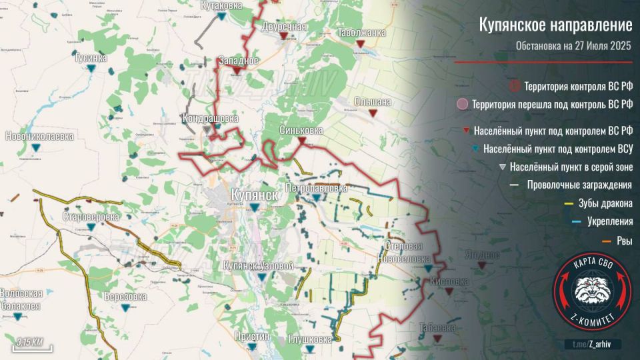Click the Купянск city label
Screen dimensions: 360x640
(x=254, y=194)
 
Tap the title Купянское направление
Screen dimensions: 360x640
(x=555, y=25)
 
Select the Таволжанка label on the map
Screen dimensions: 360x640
(x=361, y=32)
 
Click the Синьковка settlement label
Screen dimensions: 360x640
(x=301, y=131)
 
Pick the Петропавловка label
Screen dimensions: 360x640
(x=316, y=189)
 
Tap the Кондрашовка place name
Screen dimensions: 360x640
(x=211, y=119)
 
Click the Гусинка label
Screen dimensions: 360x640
(x=91, y=58)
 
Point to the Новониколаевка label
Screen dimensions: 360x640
(x=39, y=137)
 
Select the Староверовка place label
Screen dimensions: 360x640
(x=91, y=217)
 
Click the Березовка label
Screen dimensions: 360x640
(x=125, y=297)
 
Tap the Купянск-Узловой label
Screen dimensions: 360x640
(x=259, y=266)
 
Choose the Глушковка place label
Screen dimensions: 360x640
(x=309, y=339)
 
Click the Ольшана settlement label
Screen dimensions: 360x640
(x=373, y=102)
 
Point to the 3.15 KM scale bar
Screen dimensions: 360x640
(x=30, y=343)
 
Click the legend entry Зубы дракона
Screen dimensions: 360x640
(x=599, y=203)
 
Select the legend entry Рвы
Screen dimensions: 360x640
(x=624, y=241)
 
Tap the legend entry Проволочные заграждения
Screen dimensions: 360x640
(x=579, y=185)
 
